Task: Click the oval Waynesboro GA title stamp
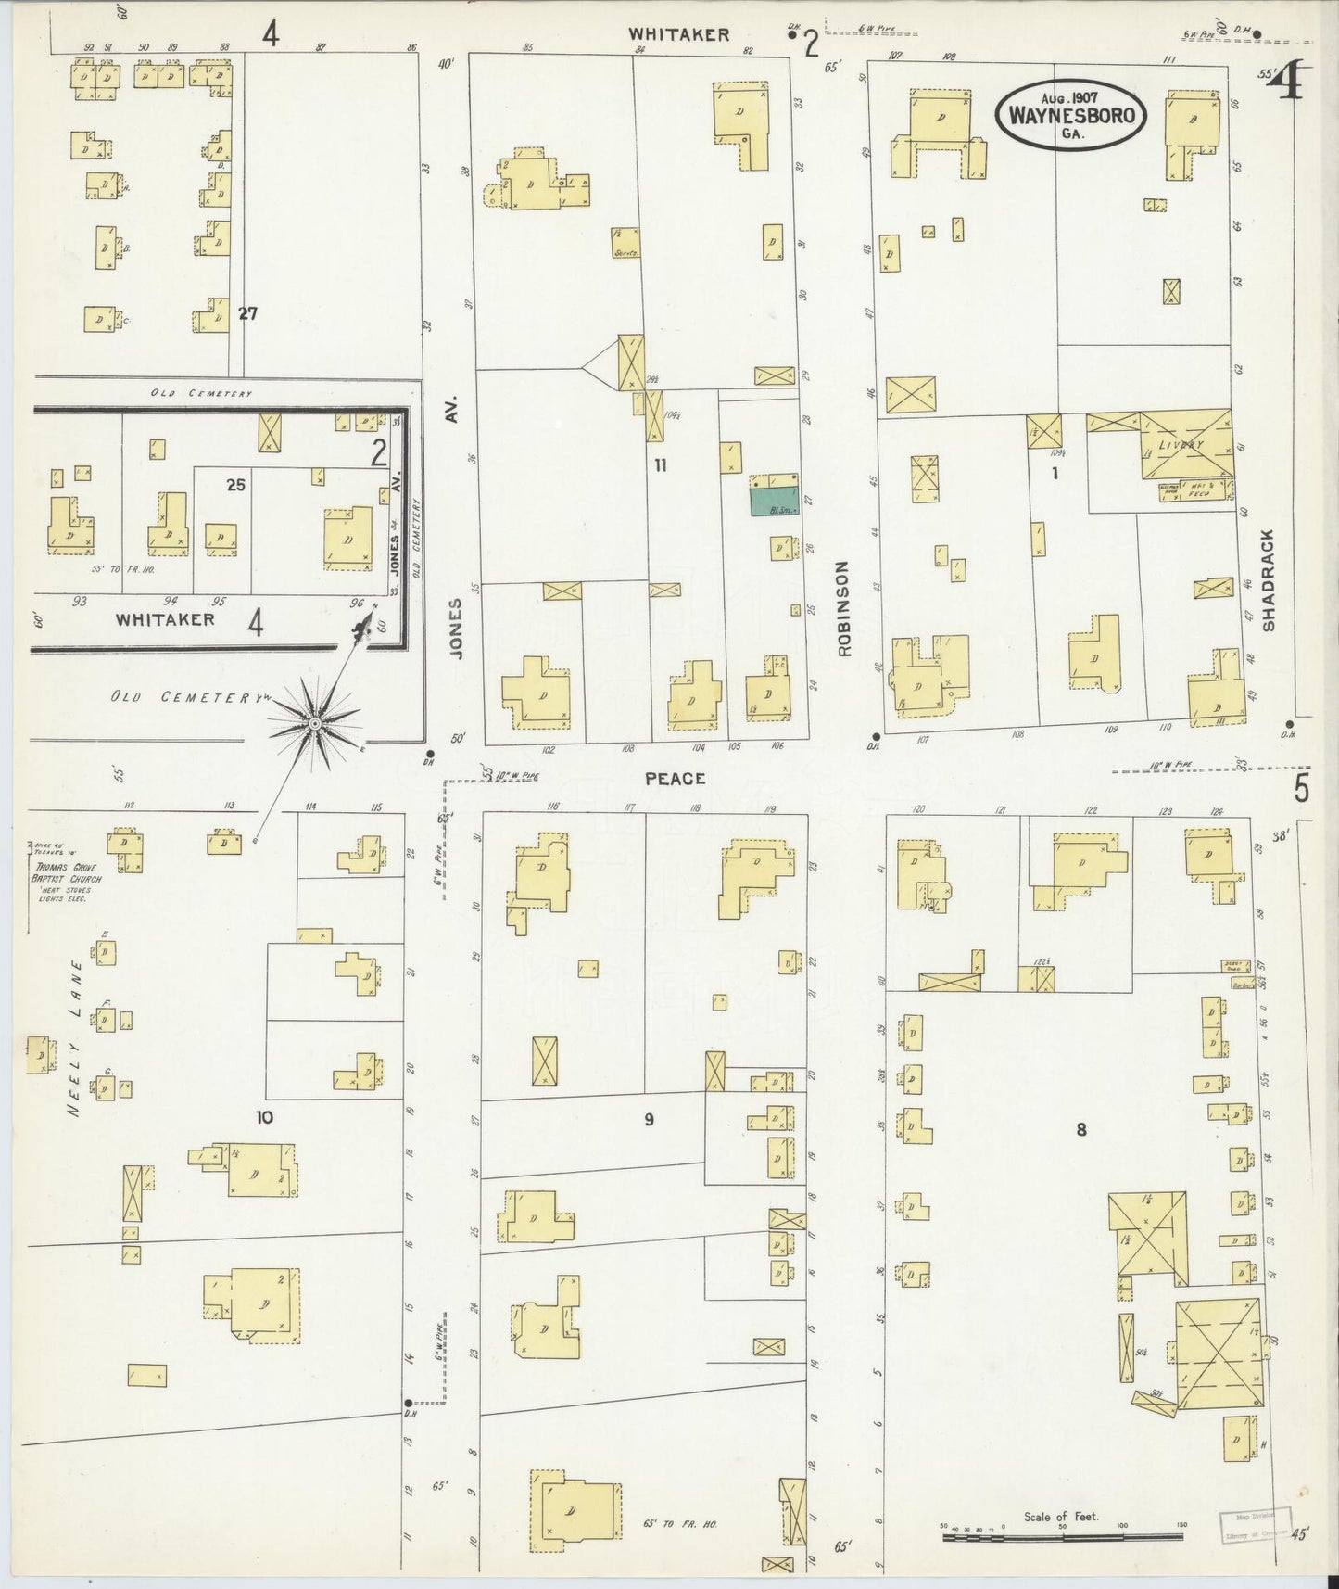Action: pyautogui.click(x=1071, y=114)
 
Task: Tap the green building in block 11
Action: pyautogui.click(x=774, y=502)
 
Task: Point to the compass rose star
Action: pyautogui.click(x=315, y=722)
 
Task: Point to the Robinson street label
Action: pyautogui.click(x=843, y=608)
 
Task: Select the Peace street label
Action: pyautogui.click(x=675, y=779)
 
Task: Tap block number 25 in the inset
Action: pyautogui.click(x=235, y=484)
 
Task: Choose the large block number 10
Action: pyautogui.click(x=264, y=1117)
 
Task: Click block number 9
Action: pyautogui.click(x=649, y=1120)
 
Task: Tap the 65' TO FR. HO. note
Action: pyautogui.click(x=679, y=1523)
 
